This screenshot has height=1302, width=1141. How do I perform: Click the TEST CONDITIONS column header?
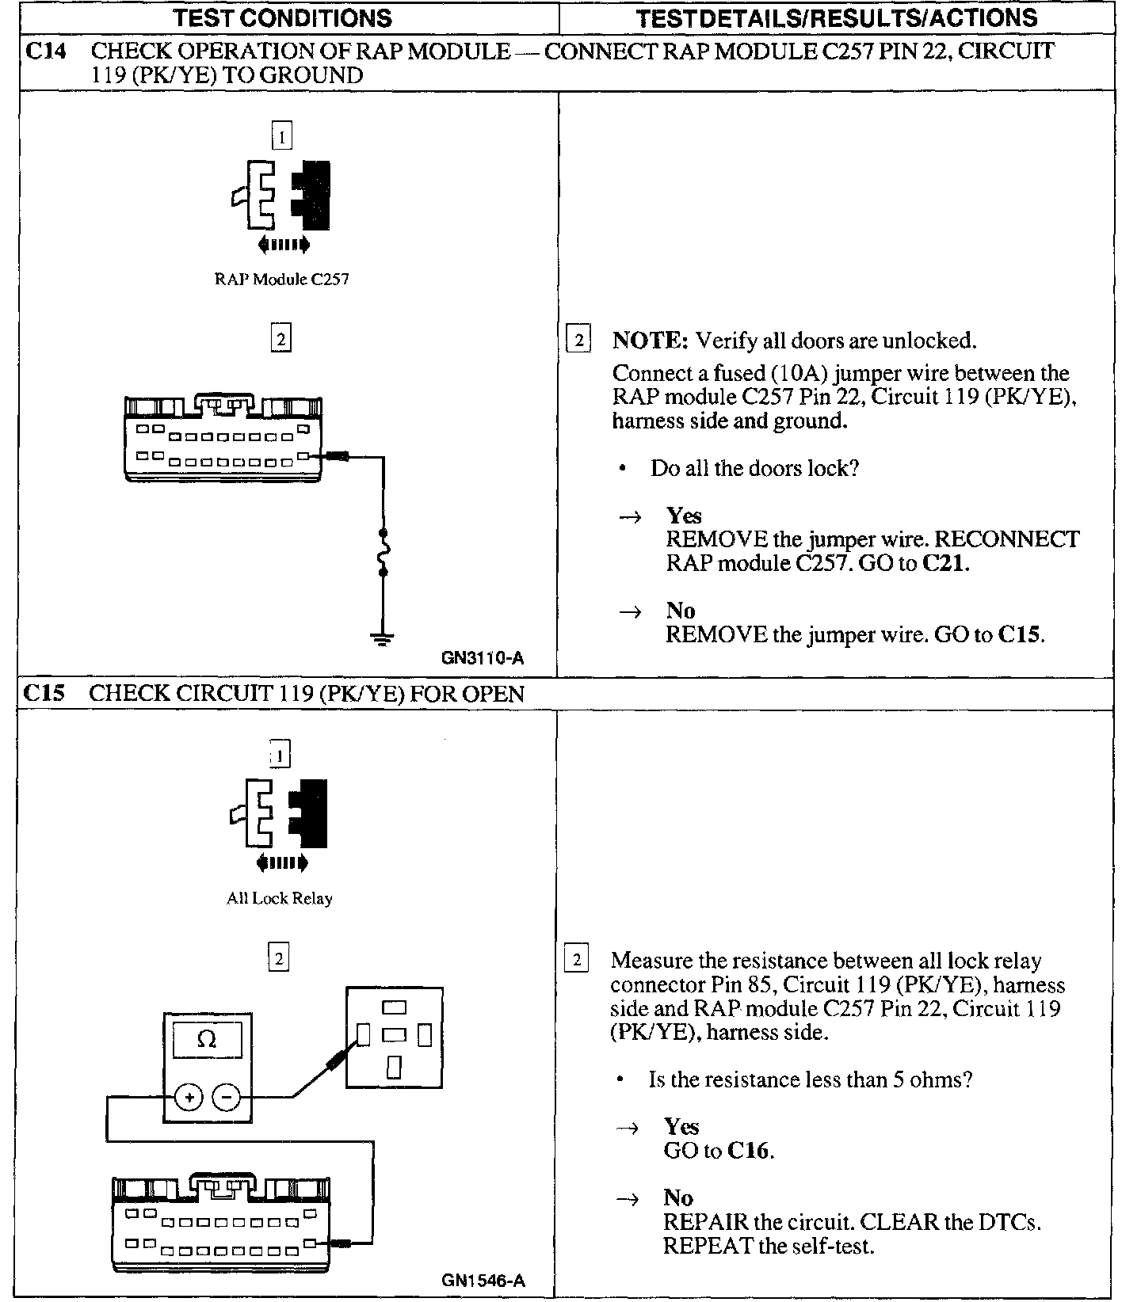(x=282, y=17)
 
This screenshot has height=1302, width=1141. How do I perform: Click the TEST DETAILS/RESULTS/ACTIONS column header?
(x=836, y=17)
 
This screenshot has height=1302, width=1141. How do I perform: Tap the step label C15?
(x=43, y=694)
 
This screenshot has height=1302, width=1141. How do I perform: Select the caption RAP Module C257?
(x=281, y=280)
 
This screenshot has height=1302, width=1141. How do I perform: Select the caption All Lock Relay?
(x=279, y=898)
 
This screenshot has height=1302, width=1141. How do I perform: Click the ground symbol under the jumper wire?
(x=383, y=639)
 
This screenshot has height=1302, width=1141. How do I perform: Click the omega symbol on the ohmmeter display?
(x=206, y=1039)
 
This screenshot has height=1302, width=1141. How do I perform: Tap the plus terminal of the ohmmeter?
(x=189, y=1097)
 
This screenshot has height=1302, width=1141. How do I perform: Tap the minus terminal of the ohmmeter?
(x=227, y=1097)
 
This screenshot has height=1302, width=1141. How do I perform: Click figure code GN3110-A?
(x=483, y=658)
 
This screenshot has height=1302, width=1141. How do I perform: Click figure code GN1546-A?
(x=483, y=1280)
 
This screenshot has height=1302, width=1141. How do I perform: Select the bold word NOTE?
(x=651, y=341)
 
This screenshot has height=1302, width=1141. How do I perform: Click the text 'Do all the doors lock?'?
(x=754, y=468)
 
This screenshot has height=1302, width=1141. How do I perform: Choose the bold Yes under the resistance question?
(x=681, y=1127)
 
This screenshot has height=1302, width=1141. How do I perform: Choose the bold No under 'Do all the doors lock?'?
(x=681, y=611)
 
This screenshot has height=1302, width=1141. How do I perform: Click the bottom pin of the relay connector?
(x=394, y=1068)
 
